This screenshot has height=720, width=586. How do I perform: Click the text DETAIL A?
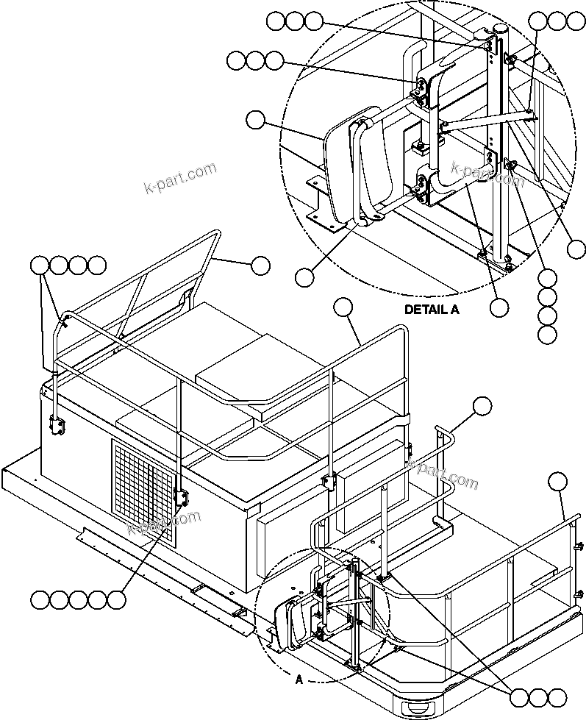coord(432,310)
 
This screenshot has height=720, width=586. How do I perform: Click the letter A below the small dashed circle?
coord(299,680)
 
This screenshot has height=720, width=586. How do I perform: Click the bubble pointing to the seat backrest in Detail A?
coord(255,119)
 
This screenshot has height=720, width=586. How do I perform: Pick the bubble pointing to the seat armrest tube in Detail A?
coord(305,277)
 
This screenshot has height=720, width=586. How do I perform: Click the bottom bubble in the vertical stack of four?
coord(546,335)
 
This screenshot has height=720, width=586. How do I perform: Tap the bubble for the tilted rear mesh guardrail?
coord(260,265)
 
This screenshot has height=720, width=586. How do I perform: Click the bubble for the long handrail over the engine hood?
coord(343,307)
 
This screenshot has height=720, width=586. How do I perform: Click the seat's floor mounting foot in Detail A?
coord(324,218)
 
